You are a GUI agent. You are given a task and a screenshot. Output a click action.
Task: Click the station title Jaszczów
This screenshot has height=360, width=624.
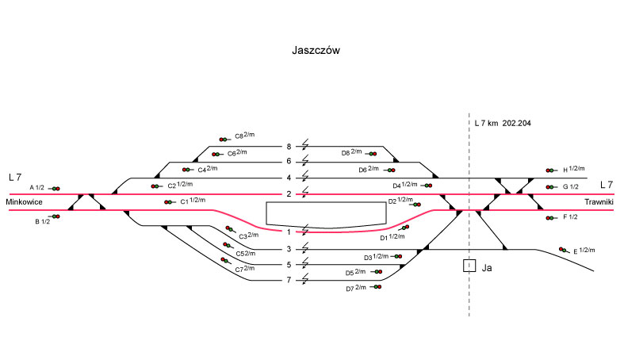tap(316, 50)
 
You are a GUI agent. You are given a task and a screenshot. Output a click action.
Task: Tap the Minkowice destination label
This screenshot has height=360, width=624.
tap(23, 202)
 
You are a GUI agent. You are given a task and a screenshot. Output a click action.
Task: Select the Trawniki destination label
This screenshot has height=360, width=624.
tap(600, 202)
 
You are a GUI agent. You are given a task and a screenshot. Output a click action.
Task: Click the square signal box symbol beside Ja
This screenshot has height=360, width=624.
tap(469, 266)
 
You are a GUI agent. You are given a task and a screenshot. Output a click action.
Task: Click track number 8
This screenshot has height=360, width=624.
tap(289, 146)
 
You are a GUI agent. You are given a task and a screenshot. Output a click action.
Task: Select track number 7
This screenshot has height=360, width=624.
tap(289, 280)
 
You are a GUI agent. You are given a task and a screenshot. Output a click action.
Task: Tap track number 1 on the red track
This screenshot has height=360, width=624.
tap(289, 232)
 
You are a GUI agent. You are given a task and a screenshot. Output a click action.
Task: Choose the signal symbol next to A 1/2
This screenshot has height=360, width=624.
tap(55, 189)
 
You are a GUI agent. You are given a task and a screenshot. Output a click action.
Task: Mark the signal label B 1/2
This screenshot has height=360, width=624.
tap(42, 221)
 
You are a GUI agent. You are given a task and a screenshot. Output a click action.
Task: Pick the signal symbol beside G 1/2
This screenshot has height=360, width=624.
tap(550, 187)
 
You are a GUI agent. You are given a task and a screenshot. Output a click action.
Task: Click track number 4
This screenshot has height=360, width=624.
tap(289, 178)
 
